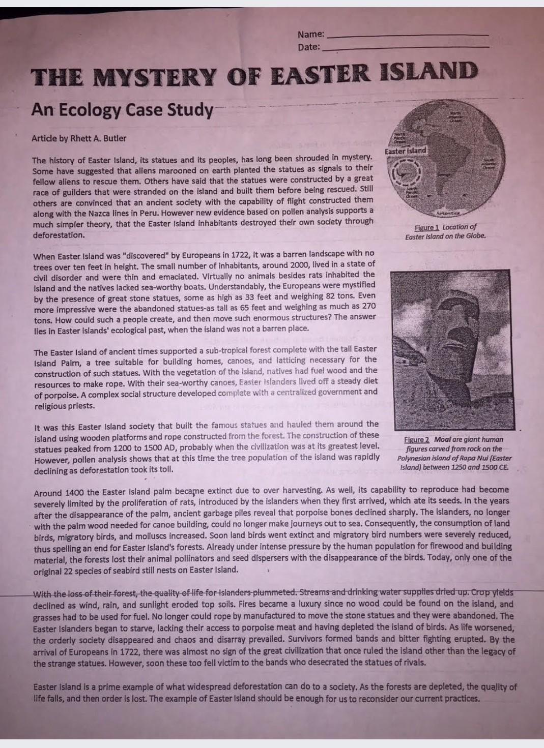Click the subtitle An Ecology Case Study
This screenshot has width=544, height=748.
[122, 110]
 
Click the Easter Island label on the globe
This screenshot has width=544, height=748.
[405, 152]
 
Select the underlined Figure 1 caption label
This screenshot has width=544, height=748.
[426, 228]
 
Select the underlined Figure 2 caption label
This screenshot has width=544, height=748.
[417, 440]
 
